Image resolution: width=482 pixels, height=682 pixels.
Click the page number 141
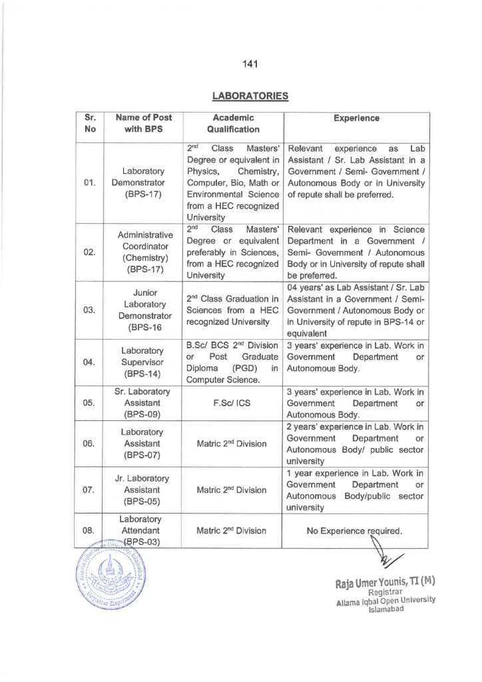[250, 64]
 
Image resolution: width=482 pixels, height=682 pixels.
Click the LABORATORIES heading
[250, 96]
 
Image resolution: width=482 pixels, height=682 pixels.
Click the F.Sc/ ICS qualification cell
[232, 403]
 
